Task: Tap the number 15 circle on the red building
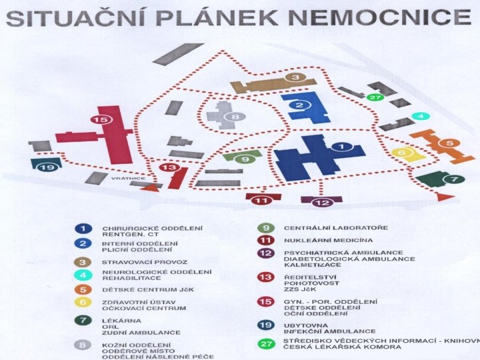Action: [x=101, y=119]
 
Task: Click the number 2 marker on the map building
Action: [x=299, y=105]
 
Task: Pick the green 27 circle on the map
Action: [x=375, y=97]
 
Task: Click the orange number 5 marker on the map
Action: [x=449, y=143]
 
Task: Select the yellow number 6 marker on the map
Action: [x=401, y=152]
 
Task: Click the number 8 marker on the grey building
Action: [x=234, y=117]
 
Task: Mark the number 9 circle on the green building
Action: [x=245, y=159]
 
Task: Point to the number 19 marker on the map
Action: [x=45, y=167]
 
